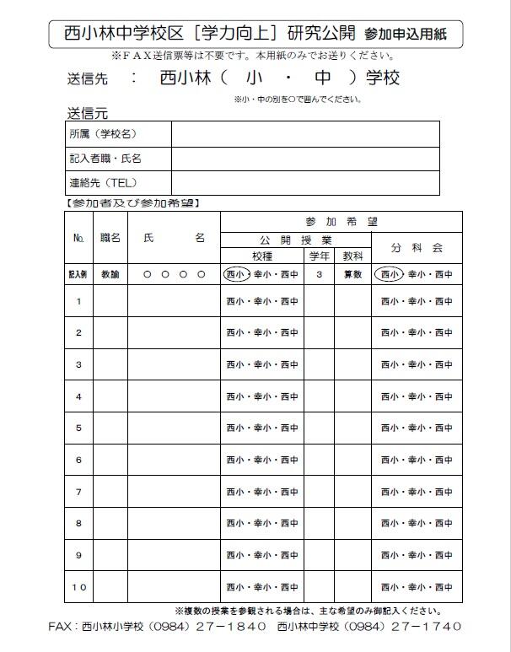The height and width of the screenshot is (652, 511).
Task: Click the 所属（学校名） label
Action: pos(102,134)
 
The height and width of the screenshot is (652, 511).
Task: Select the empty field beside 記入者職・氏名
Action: pos(304,159)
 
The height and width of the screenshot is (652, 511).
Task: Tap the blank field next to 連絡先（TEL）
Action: pos(304,182)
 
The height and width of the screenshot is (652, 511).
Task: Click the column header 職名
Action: pos(110,239)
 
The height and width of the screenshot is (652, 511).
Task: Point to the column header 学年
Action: pos(319,255)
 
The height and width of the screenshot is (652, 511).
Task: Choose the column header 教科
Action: pos(352,255)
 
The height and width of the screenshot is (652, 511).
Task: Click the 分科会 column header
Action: pos(417,248)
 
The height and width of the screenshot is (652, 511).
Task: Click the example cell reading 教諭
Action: pos(110,274)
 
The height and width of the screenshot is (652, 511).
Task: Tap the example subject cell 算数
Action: pos(352,274)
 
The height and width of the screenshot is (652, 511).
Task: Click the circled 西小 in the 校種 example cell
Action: pos(235,274)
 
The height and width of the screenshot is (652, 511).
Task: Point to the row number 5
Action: pos(78,428)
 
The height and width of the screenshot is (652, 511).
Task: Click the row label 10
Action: pos(78,587)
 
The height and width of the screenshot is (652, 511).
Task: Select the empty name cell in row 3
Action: pos(174,364)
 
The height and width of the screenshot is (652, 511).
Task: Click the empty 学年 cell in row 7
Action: pos(319,492)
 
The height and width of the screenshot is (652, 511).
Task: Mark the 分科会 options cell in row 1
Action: pos(417,301)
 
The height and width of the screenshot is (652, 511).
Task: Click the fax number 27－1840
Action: pos(234,627)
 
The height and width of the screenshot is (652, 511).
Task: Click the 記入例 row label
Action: pos(78,274)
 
